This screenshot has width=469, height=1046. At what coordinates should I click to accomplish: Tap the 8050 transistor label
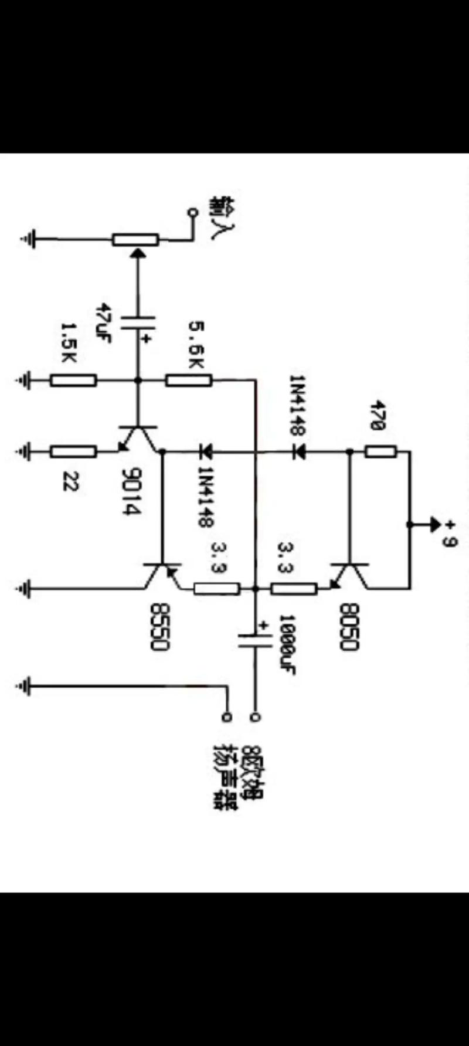click(x=348, y=627)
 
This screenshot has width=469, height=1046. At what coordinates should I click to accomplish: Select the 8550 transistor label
click(x=159, y=627)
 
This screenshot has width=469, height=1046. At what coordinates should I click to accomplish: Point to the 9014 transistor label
click(x=132, y=491)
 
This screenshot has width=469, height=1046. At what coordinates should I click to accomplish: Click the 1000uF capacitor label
click(x=287, y=644)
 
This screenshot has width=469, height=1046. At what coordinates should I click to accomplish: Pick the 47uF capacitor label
click(x=103, y=322)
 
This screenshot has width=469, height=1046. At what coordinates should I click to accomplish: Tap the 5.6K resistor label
click(x=196, y=345)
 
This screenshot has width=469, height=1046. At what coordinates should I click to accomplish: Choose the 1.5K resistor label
click(x=69, y=342)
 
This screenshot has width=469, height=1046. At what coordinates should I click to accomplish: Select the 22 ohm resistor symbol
click(x=73, y=451)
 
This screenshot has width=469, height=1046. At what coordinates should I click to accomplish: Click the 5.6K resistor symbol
click(x=188, y=381)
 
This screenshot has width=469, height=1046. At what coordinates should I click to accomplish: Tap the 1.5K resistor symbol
click(x=73, y=381)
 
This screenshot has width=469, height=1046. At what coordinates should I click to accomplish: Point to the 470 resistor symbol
click(x=381, y=451)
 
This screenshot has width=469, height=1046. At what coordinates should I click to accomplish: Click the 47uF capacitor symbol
click(x=139, y=325)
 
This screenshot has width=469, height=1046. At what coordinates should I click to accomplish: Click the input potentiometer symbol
click(x=135, y=239)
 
